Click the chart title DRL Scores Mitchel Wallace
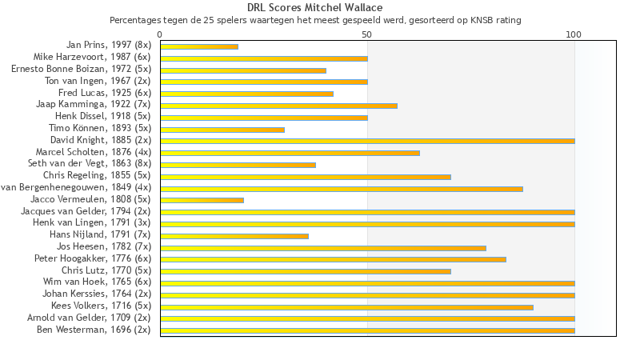coord(315,7)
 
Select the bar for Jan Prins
coord(199,46)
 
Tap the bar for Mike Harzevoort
coord(264,58)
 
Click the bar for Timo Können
coord(222,130)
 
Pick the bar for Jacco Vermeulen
coord(202,200)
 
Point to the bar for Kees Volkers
coord(346,306)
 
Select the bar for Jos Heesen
coord(323,247)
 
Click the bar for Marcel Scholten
coord(290,153)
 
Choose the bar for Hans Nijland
coord(234,235)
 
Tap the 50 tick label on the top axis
coord(366,34)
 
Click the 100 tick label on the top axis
coord(574,34)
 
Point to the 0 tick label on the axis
coord(160,34)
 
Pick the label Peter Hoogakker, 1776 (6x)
coord(92,258)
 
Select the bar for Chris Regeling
coord(306,176)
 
